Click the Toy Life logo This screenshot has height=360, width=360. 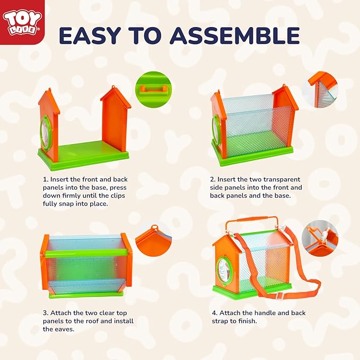20,21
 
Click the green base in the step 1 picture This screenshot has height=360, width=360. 85,153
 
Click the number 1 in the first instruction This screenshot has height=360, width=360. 45,180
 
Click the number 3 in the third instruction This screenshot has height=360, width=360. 45,313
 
